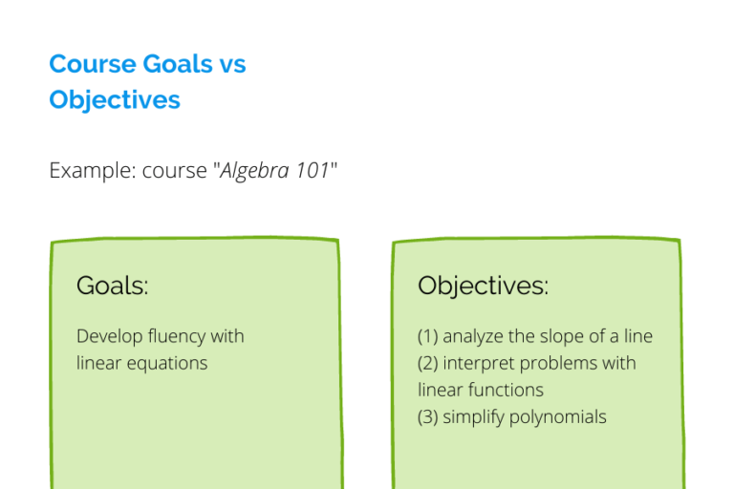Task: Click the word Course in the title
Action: [x=92, y=64]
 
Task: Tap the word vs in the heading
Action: [x=230, y=64]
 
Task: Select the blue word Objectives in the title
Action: [x=115, y=99]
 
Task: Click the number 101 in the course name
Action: [x=311, y=172]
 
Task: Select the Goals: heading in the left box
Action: [x=113, y=286]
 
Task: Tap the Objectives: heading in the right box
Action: [x=483, y=286]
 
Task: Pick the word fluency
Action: [x=179, y=336]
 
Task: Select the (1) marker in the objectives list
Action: [x=427, y=336]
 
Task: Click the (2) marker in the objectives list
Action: [x=427, y=363]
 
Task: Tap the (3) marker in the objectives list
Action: [x=427, y=416]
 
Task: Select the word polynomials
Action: [x=559, y=416]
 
